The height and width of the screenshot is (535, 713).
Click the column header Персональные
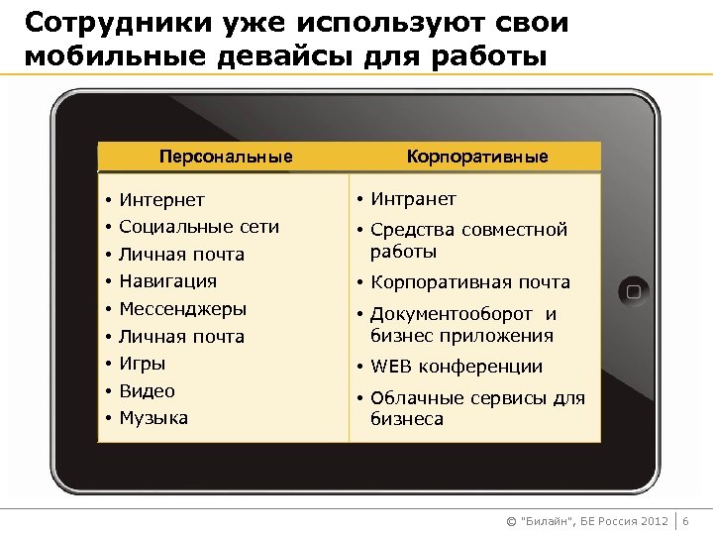(x=226, y=157)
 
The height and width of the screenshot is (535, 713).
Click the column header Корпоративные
(x=477, y=157)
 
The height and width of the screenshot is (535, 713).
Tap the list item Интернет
(x=162, y=200)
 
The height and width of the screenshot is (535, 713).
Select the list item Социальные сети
(x=199, y=227)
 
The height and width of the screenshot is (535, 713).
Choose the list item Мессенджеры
(x=183, y=309)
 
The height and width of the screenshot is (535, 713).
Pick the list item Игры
(x=143, y=364)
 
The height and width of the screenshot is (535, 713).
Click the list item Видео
(x=147, y=391)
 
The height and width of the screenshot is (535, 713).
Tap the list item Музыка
(x=153, y=418)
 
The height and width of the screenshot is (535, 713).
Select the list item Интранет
(x=413, y=199)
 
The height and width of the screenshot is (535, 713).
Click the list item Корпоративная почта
(x=470, y=282)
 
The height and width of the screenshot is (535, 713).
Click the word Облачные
(x=413, y=398)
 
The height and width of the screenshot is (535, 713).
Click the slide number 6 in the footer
(x=686, y=520)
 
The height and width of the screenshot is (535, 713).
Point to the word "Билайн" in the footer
(x=547, y=521)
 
